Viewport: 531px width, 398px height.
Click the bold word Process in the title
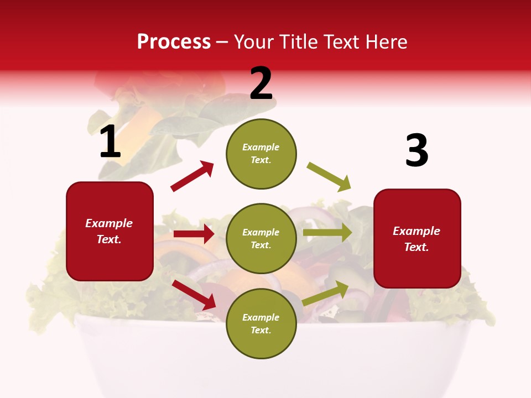174,42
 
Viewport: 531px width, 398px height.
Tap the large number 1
110,142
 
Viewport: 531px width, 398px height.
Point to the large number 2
261,83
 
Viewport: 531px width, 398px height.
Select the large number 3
417,151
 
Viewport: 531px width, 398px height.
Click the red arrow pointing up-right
192,176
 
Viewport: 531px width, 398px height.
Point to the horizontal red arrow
194,234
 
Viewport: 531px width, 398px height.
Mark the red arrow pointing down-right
194,295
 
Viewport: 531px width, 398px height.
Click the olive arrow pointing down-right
329,177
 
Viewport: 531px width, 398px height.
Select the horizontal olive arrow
327,233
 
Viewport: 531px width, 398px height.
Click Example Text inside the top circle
261,154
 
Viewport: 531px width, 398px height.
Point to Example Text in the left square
110,231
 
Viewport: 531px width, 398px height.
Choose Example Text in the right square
417,239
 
